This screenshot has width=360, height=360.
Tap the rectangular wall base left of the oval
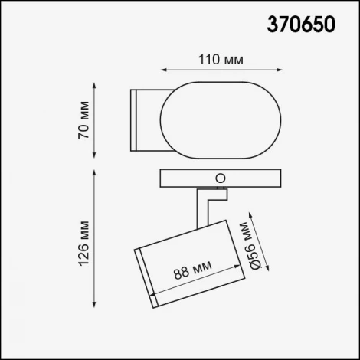(x=146, y=119)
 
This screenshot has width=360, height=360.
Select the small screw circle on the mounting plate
(x=222, y=178)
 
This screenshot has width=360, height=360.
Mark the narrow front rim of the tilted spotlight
(x=145, y=277)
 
